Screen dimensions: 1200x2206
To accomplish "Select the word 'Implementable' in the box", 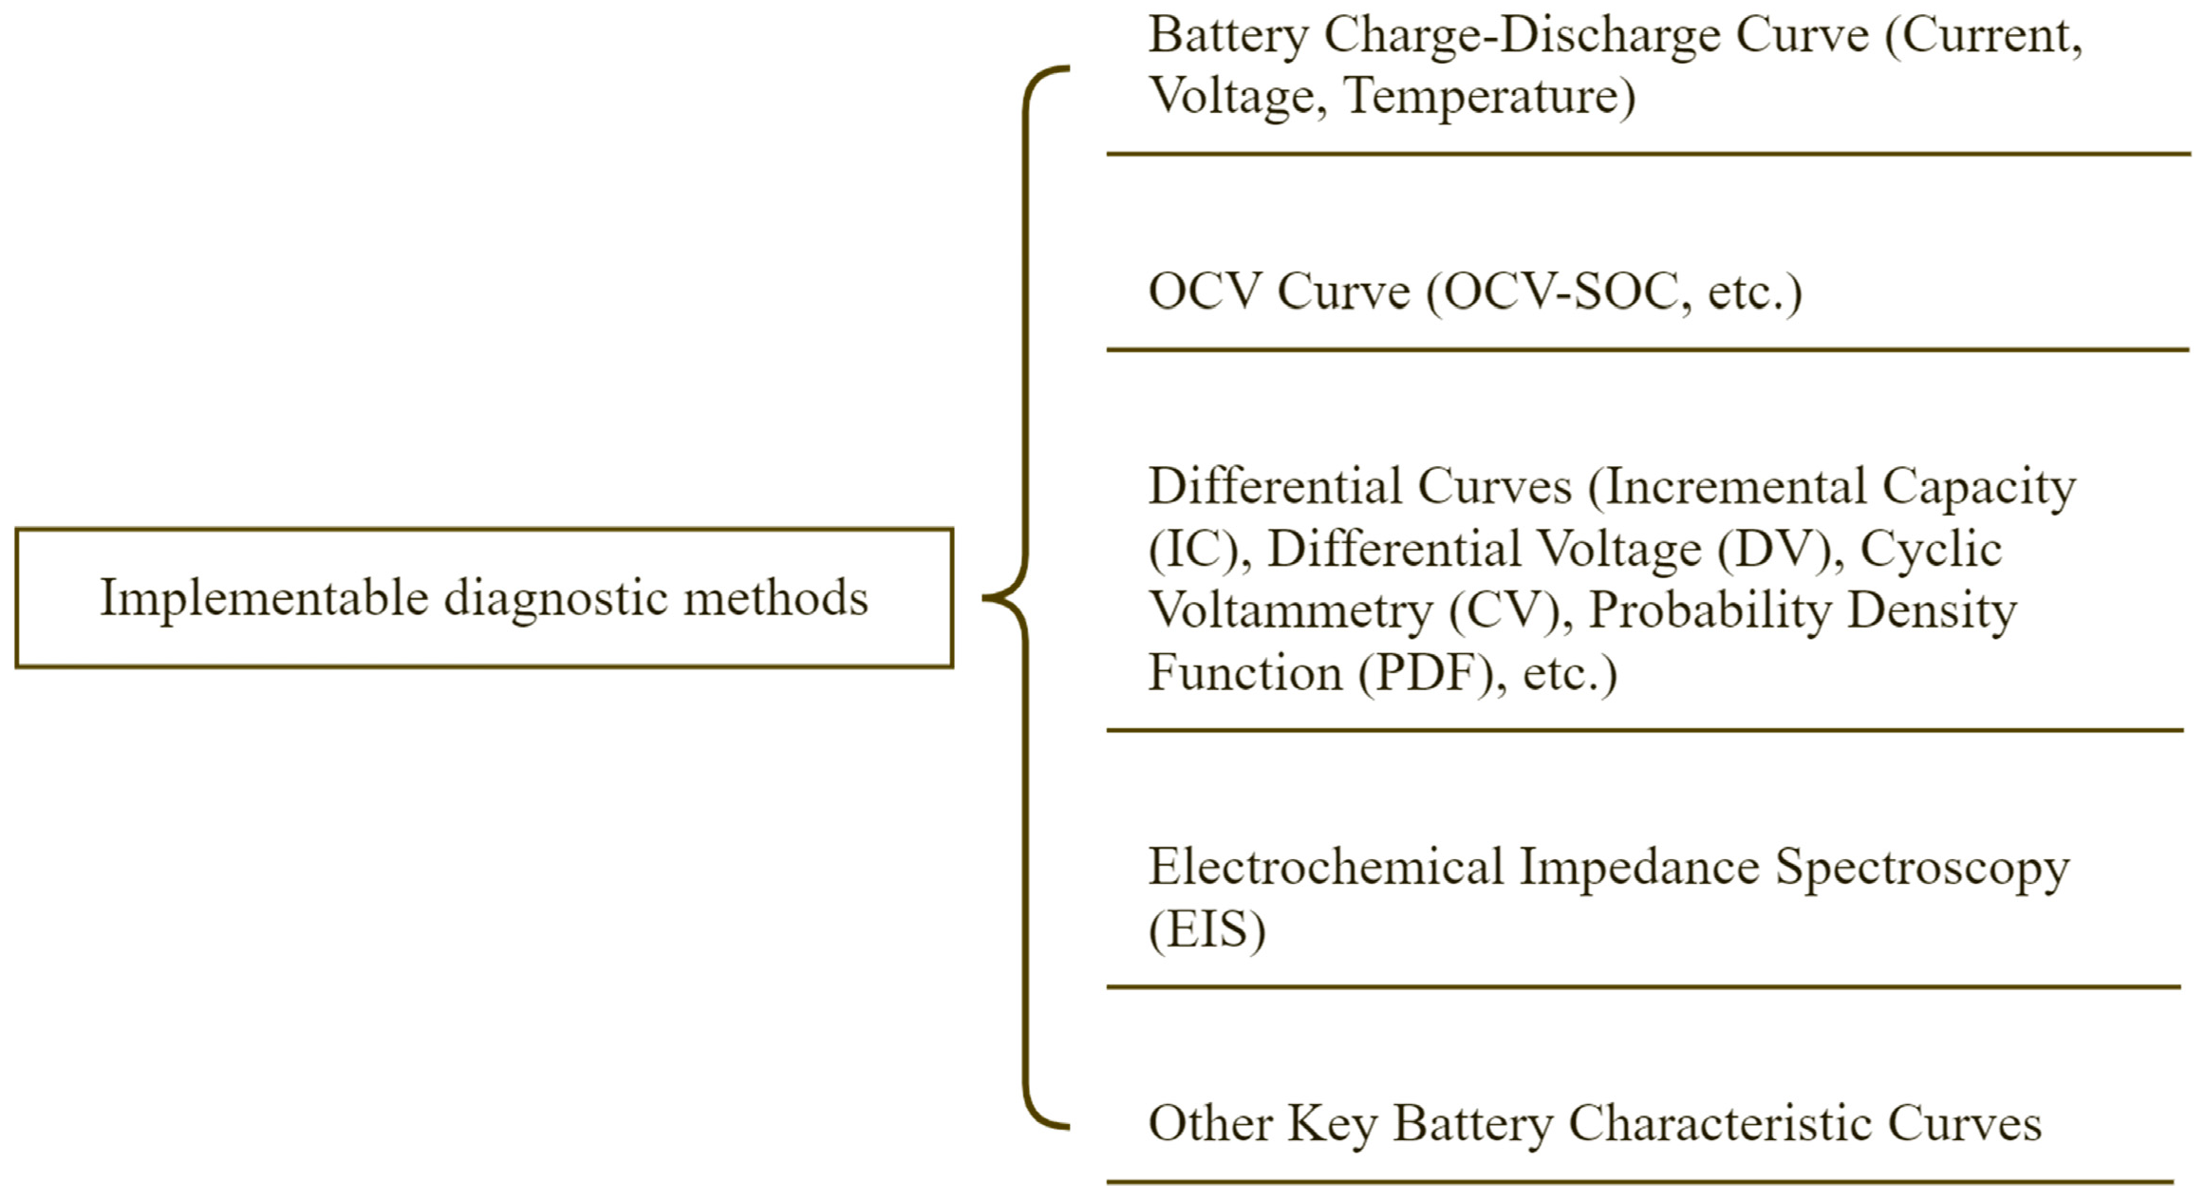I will (x=264, y=599).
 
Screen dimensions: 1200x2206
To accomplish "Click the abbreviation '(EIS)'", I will (x=1207, y=928).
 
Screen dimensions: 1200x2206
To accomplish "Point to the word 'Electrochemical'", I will (x=1326, y=867).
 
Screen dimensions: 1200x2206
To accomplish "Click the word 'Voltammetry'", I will (x=1291, y=610).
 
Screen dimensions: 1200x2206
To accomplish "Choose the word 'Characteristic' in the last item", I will (x=1719, y=1123).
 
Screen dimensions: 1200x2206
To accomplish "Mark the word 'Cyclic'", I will (x=1931, y=549).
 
